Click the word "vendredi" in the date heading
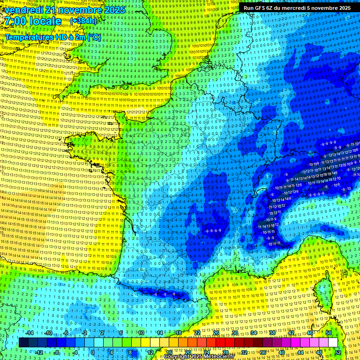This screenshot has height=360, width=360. coord(23,9)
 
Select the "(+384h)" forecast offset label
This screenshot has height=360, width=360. coord(83,21)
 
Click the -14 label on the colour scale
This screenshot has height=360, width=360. coord(30,333)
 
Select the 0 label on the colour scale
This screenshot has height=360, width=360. coord(93,352)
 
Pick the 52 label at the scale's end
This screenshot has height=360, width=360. coord(337,352)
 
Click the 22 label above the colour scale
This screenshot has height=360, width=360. coord(197,333)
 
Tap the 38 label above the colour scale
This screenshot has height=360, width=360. coord(272,333)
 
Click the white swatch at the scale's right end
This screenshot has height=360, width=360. coord(333,343)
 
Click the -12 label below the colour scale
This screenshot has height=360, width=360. coord(39,352)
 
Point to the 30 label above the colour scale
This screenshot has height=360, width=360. coord(234,333)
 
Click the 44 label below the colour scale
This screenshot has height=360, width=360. coord(300,352)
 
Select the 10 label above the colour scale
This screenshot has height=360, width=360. coord(141,333)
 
